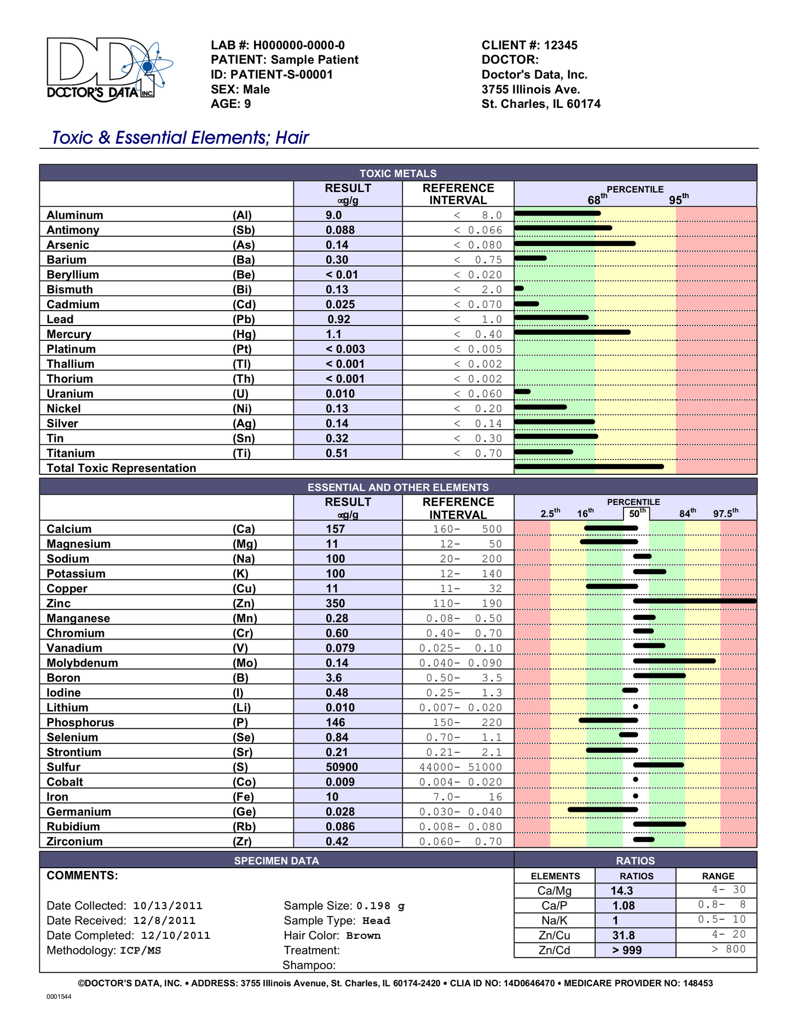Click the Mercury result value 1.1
(333, 334)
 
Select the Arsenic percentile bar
(575, 243)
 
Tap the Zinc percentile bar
(694, 601)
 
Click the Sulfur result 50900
(342, 767)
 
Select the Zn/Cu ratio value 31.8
(623, 935)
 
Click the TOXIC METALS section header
(398, 173)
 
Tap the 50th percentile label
(637, 514)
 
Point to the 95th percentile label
(678, 200)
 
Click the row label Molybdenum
(82, 663)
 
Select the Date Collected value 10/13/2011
(168, 906)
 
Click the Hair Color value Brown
(363, 935)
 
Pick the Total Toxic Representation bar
(589, 467)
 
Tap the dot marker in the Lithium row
(636, 707)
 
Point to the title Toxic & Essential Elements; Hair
(180, 137)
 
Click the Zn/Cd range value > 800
(729, 949)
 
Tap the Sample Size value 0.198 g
(380, 906)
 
